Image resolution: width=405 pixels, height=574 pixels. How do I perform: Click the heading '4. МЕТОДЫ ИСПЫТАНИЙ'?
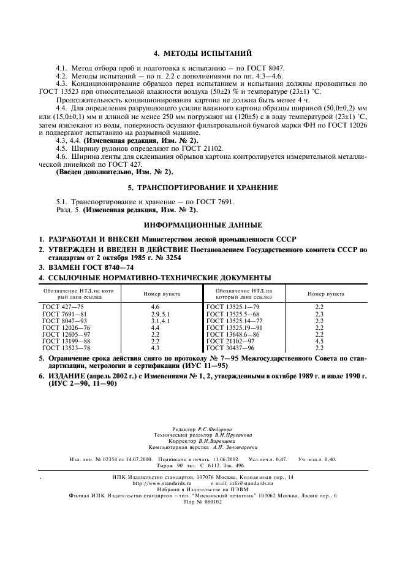(x=202, y=54)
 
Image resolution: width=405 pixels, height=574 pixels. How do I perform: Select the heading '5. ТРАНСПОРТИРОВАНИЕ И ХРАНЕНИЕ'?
(x=202, y=187)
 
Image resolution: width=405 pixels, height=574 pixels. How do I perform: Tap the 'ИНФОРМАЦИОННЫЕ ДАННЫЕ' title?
(x=202, y=225)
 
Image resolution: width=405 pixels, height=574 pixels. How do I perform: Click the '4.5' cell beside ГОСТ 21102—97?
(x=319, y=341)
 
